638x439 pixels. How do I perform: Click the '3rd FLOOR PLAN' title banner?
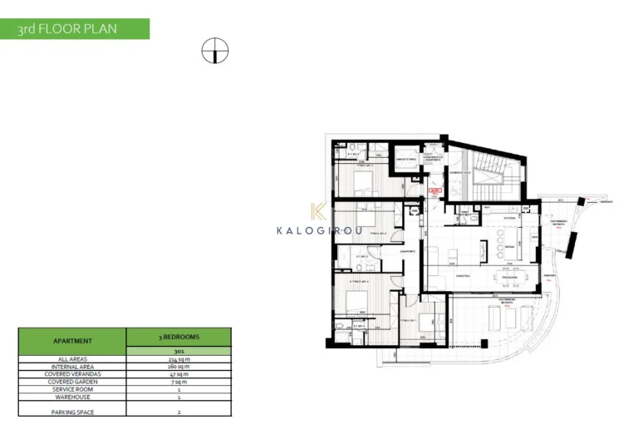(x=74, y=29)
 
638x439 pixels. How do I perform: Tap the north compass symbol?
(x=214, y=52)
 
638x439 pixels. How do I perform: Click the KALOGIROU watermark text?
(x=319, y=230)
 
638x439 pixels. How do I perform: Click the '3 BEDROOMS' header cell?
(x=179, y=337)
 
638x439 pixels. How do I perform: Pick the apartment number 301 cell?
(x=179, y=351)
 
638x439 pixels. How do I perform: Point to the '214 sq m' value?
(x=179, y=359)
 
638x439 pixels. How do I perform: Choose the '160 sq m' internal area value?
(x=179, y=367)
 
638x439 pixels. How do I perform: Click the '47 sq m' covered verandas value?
(x=179, y=374)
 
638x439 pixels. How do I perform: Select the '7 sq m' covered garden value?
(x=179, y=382)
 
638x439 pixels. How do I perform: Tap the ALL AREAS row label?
(x=72, y=359)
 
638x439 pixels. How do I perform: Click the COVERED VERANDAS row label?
(x=72, y=374)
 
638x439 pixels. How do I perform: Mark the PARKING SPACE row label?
(x=72, y=411)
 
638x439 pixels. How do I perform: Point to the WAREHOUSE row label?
(x=72, y=397)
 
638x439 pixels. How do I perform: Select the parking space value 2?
(x=179, y=411)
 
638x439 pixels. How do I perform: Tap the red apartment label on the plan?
(x=433, y=191)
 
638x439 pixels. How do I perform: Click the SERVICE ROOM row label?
(x=72, y=389)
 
